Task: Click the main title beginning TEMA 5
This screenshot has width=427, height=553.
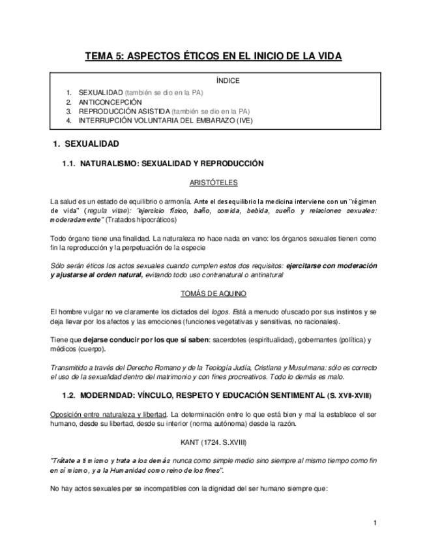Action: tap(213, 57)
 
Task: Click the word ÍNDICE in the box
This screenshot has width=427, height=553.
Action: tap(228, 81)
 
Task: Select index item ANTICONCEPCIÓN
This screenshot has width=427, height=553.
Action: tap(110, 102)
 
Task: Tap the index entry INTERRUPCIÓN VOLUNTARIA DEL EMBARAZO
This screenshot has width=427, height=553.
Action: tap(166, 121)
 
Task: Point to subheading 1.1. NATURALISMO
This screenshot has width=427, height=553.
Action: tap(162, 164)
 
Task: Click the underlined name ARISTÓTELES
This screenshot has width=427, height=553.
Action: tap(213, 183)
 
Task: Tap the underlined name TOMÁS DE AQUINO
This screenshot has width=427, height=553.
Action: tap(213, 294)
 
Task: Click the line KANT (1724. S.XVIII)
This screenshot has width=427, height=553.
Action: tap(213, 441)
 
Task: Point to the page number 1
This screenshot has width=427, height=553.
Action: tap(375, 523)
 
